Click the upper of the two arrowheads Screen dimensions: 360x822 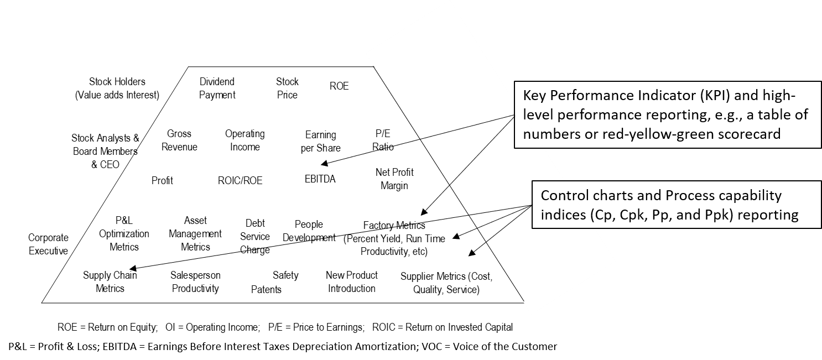pos(456,236)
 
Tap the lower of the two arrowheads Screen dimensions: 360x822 pos(472,253)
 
